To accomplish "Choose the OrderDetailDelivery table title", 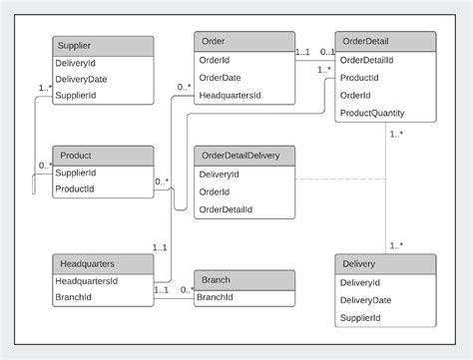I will [244, 156].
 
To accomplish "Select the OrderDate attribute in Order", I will [222, 78].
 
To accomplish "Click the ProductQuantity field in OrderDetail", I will [372, 113].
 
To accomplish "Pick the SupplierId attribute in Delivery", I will [360, 317].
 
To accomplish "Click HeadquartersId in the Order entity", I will [231, 95].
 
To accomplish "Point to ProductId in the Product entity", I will [76, 188].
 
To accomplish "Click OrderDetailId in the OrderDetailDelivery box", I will [226, 209].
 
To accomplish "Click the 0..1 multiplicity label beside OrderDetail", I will [327, 52].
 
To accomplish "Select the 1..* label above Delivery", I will [396, 244].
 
